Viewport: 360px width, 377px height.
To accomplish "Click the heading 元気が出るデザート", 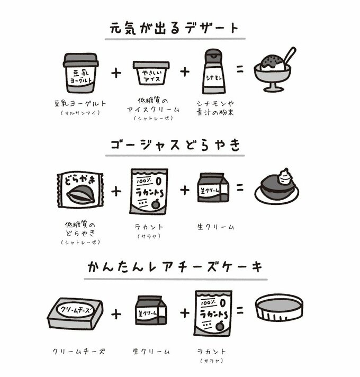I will click(175, 28).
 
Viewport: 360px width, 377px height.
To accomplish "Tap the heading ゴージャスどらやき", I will click(175, 145).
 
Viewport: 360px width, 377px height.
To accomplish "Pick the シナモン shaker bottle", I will click(212, 72).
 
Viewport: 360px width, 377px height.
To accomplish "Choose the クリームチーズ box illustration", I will click(76, 312).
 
